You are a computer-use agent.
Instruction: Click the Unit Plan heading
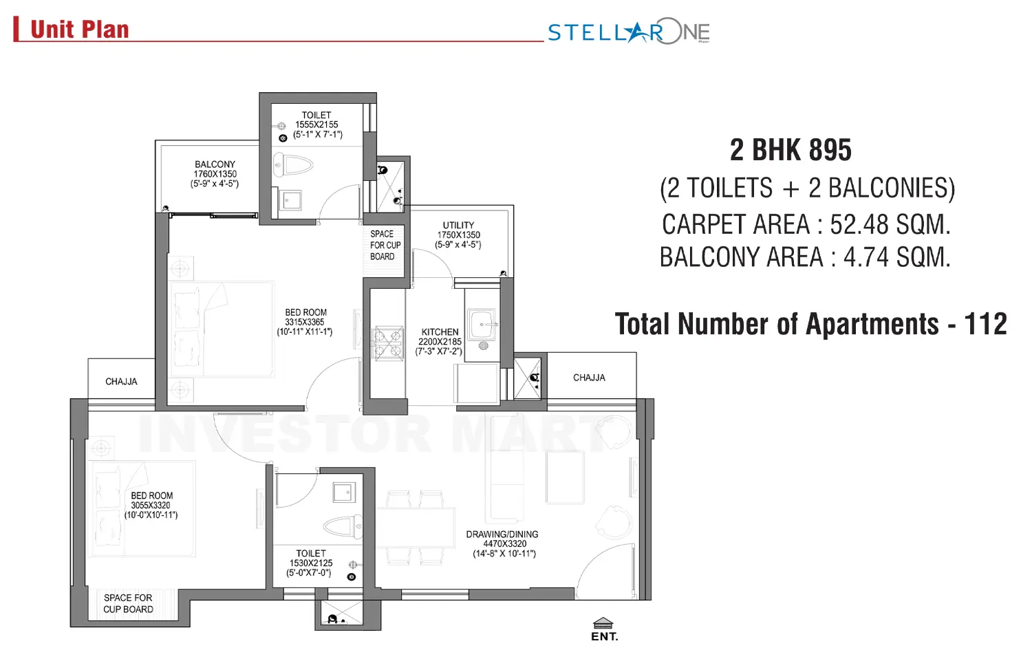pyautogui.click(x=79, y=30)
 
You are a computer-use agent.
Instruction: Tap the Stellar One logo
pyautogui.click(x=628, y=32)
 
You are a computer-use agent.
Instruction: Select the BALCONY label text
pyautogui.click(x=215, y=164)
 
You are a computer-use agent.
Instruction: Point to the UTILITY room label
pyautogui.click(x=458, y=225)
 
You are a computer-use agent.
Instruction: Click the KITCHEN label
pyautogui.click(x=440, y=332)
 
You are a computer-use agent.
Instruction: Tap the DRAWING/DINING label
pyautogui.click(x=502, y=534)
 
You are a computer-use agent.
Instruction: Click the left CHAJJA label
pyautogui.click(x=121, y=381)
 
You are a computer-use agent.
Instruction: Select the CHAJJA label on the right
pyautogui.click(x=589, y=378)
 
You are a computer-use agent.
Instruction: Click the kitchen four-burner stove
pyautogui.click(x=387, y=344)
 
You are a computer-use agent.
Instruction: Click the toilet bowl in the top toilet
pyautogui.click(x=294, y=165)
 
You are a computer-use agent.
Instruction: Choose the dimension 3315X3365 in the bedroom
pyautogui.click(x=305, y=322)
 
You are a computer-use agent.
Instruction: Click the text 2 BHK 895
pyautogui.click(x=791, y=150)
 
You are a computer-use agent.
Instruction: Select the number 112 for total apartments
pyautogui.click(x=985, y=324)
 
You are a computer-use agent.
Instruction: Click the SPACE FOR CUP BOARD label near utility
pyautogui.click(x=385, y=245)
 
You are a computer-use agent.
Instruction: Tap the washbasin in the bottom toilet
pyautogui.click(x=343, y=492)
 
